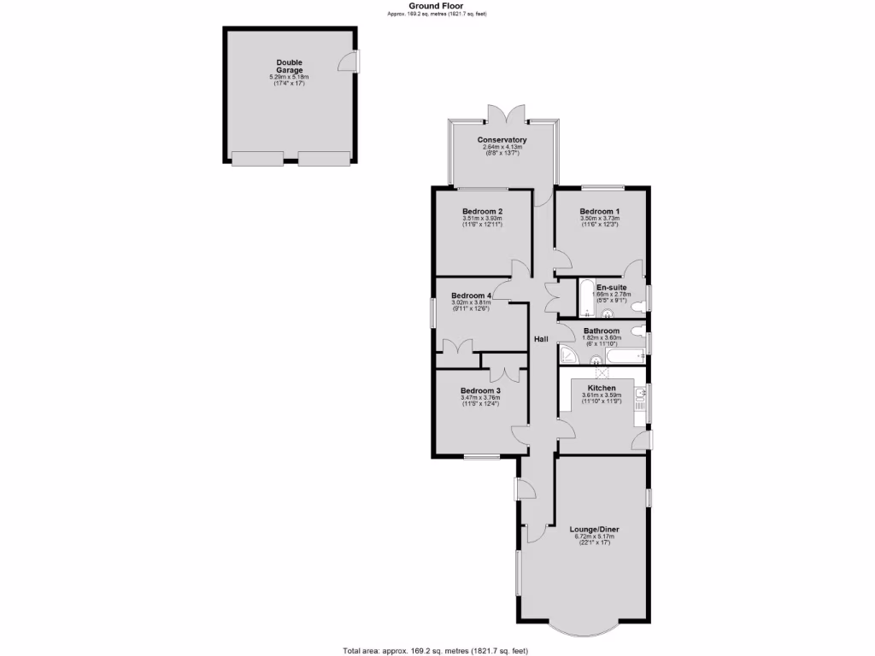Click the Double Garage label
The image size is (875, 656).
(x=289, y=66)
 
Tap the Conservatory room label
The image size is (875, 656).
(x=502, y=140)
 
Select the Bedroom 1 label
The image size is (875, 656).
(x=599, y=212)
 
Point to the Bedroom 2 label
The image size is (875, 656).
(x=482, y=212)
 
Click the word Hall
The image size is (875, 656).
(x=541, y=339)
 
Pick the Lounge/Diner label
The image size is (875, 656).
(x=595, y=530)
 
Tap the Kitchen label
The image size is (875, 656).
(x=602, y=388)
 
